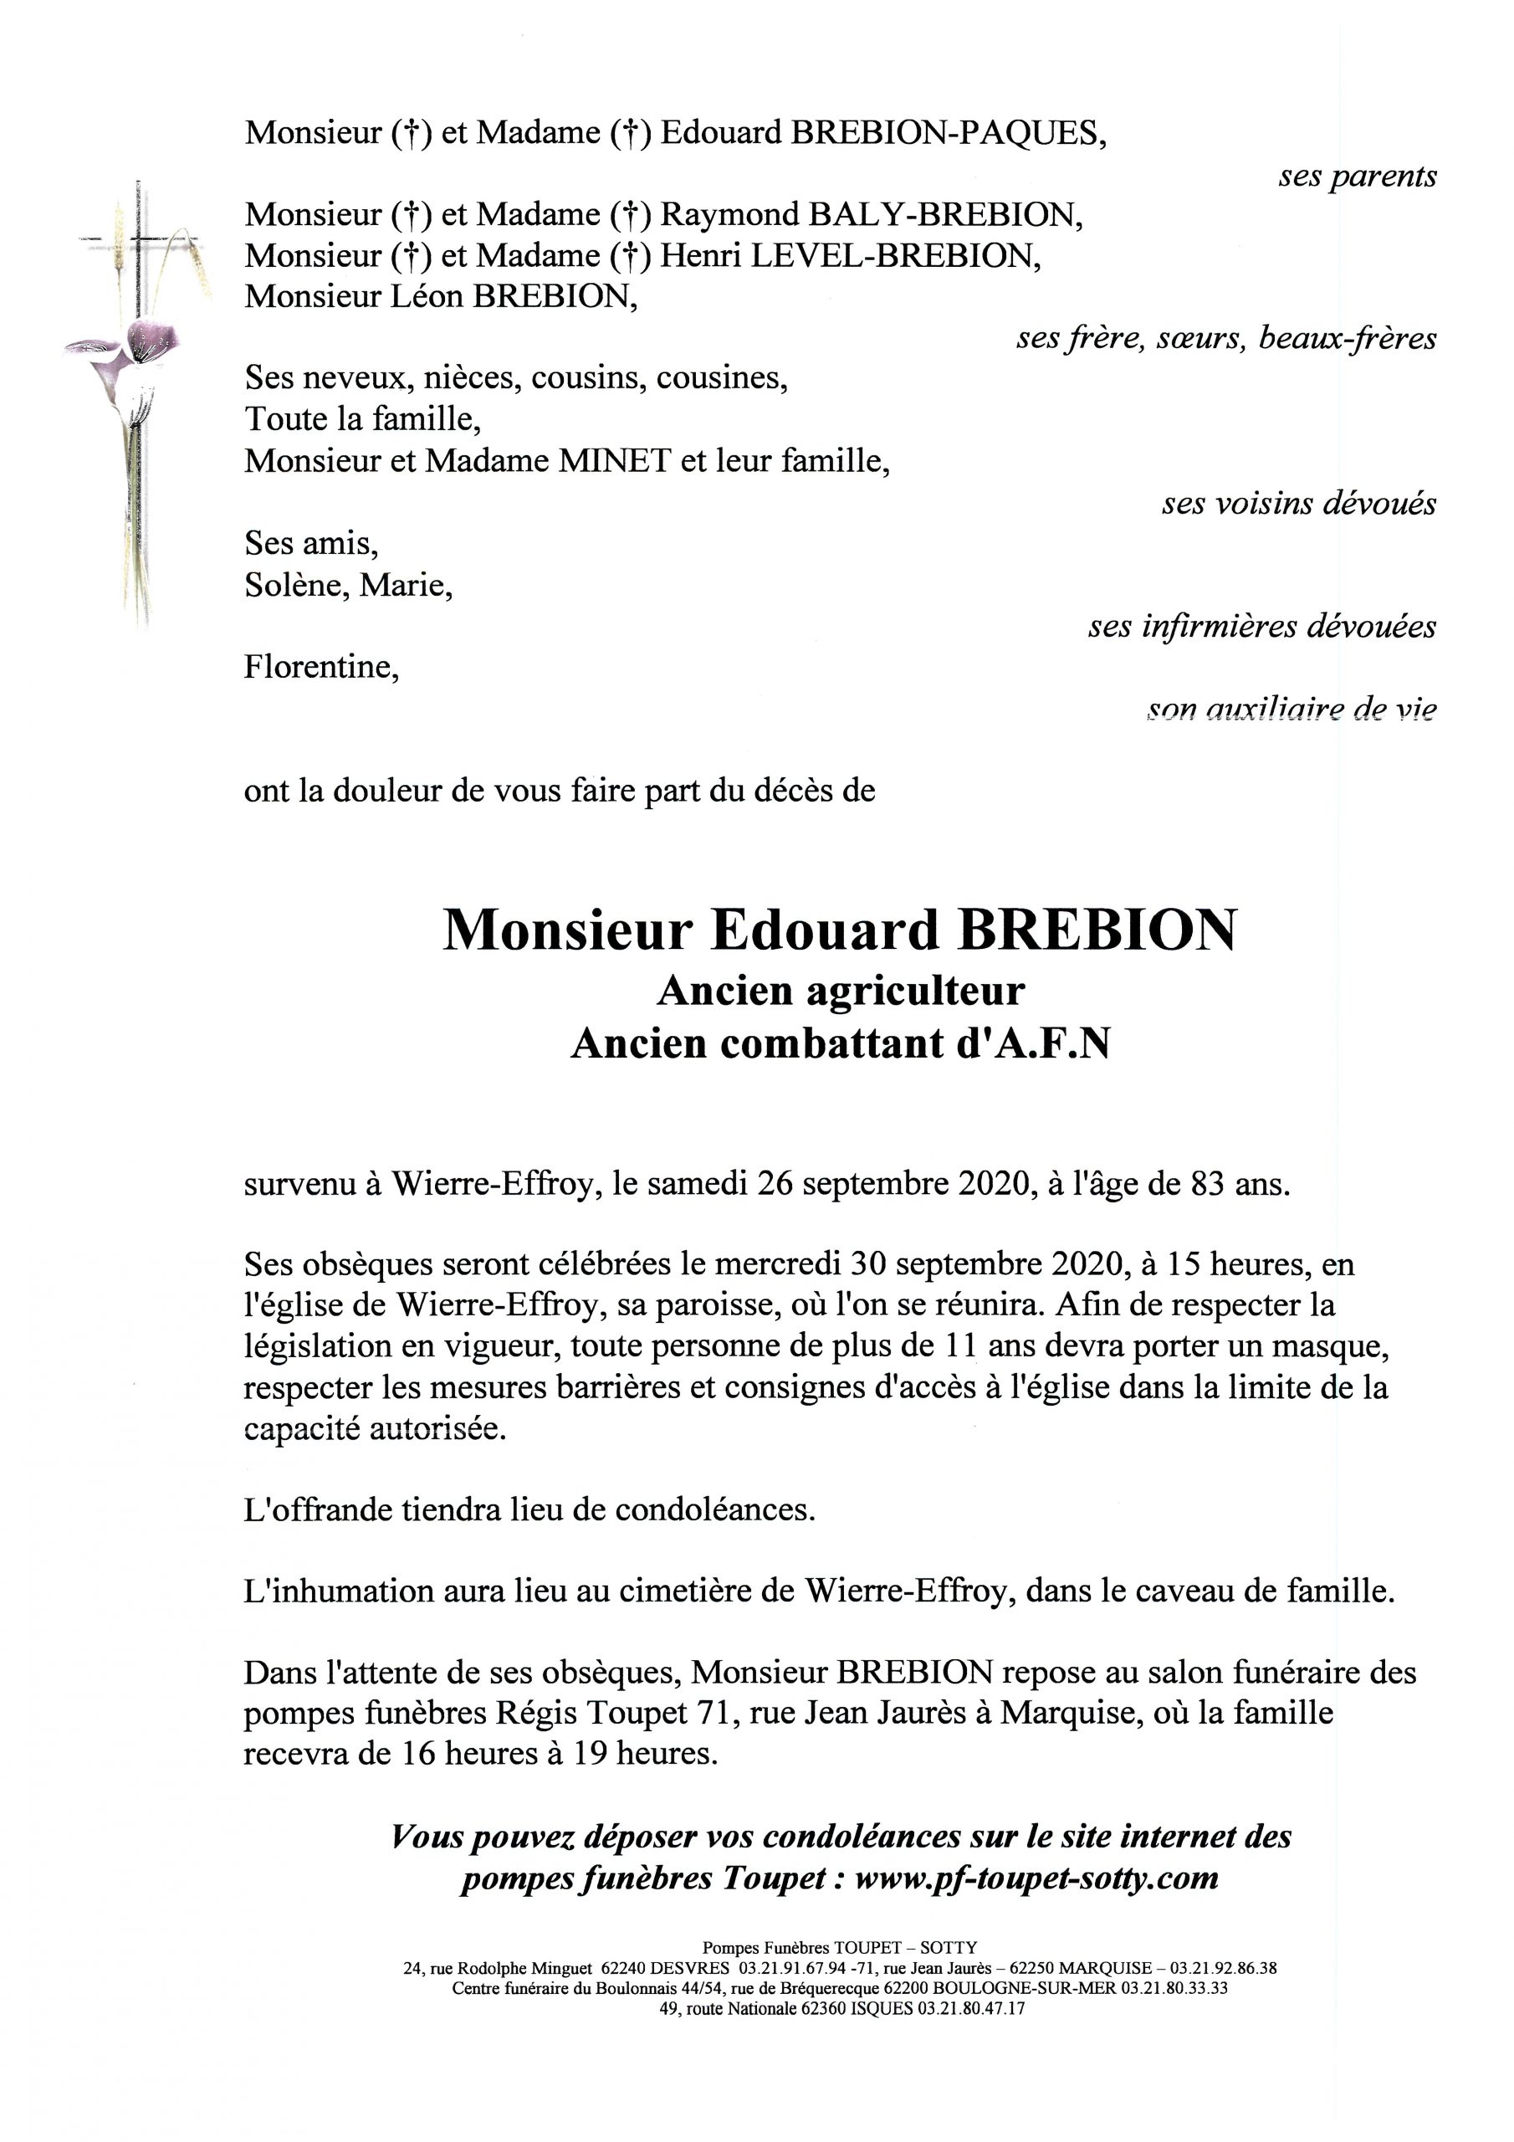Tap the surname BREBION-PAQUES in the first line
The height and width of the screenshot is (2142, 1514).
click(x=948, y=133)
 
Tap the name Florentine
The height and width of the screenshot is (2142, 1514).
click(x=321, y=667)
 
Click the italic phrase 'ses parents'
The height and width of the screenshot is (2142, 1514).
click(x=1357, y=177)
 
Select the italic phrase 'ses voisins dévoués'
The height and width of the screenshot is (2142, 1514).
click(x=1297, y=505)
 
